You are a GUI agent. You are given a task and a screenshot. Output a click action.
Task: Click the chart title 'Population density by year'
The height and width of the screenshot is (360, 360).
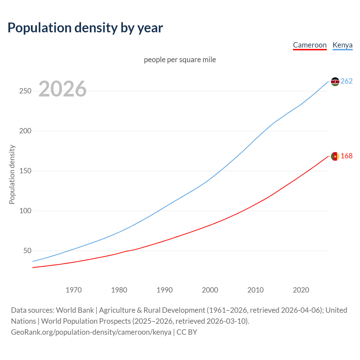[x=85, y=28]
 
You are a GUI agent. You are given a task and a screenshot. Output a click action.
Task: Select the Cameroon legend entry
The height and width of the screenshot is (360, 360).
[x=310, y=45]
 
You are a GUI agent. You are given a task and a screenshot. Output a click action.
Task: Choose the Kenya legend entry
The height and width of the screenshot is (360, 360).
[x=342, y=45]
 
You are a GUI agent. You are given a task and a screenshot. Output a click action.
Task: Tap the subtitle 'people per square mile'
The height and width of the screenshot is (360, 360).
[x=180, y=60]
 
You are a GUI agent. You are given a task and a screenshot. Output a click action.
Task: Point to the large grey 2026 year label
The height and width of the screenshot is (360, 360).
[x=62, y=89]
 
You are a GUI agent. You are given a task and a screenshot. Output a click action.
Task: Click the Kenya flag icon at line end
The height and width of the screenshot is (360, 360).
[x=335, y=82]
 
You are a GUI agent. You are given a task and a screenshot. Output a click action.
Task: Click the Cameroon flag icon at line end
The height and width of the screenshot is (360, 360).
[x=335, y=156]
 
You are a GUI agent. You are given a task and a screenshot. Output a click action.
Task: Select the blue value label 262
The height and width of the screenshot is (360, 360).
[x=346, y=81]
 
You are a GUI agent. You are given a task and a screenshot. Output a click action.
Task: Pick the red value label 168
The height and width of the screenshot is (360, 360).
[x=346, y=156]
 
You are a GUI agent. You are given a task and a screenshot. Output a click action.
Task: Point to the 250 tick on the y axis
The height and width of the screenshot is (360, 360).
[x=25, y=91]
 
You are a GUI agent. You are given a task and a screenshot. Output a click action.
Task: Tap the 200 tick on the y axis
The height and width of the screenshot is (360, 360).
[x=25, y=131]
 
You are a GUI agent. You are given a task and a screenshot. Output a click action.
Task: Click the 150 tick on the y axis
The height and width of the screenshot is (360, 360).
[x=25, y=171]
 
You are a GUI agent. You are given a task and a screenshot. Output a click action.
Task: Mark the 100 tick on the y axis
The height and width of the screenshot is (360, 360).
[x=25, y=211]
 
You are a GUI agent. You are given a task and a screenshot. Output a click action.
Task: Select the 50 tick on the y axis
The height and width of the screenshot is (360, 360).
[x=27, y=251]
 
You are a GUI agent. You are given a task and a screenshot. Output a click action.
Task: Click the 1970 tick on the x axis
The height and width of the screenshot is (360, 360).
[x=74, y=290]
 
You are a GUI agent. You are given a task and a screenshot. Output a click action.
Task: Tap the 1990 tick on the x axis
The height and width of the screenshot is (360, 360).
[x=165, y=290]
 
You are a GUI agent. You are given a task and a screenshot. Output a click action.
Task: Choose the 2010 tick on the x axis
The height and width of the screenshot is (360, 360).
[x=255, y=290]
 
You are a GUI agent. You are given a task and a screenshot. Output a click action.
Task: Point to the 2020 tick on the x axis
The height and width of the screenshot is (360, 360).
[x=301, y=290]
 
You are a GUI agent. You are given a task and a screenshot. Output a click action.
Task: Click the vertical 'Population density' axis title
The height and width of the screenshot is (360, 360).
[x=12, y=174]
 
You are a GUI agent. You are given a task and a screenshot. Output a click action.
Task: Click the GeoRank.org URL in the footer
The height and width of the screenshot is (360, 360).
[x=91, y=332]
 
